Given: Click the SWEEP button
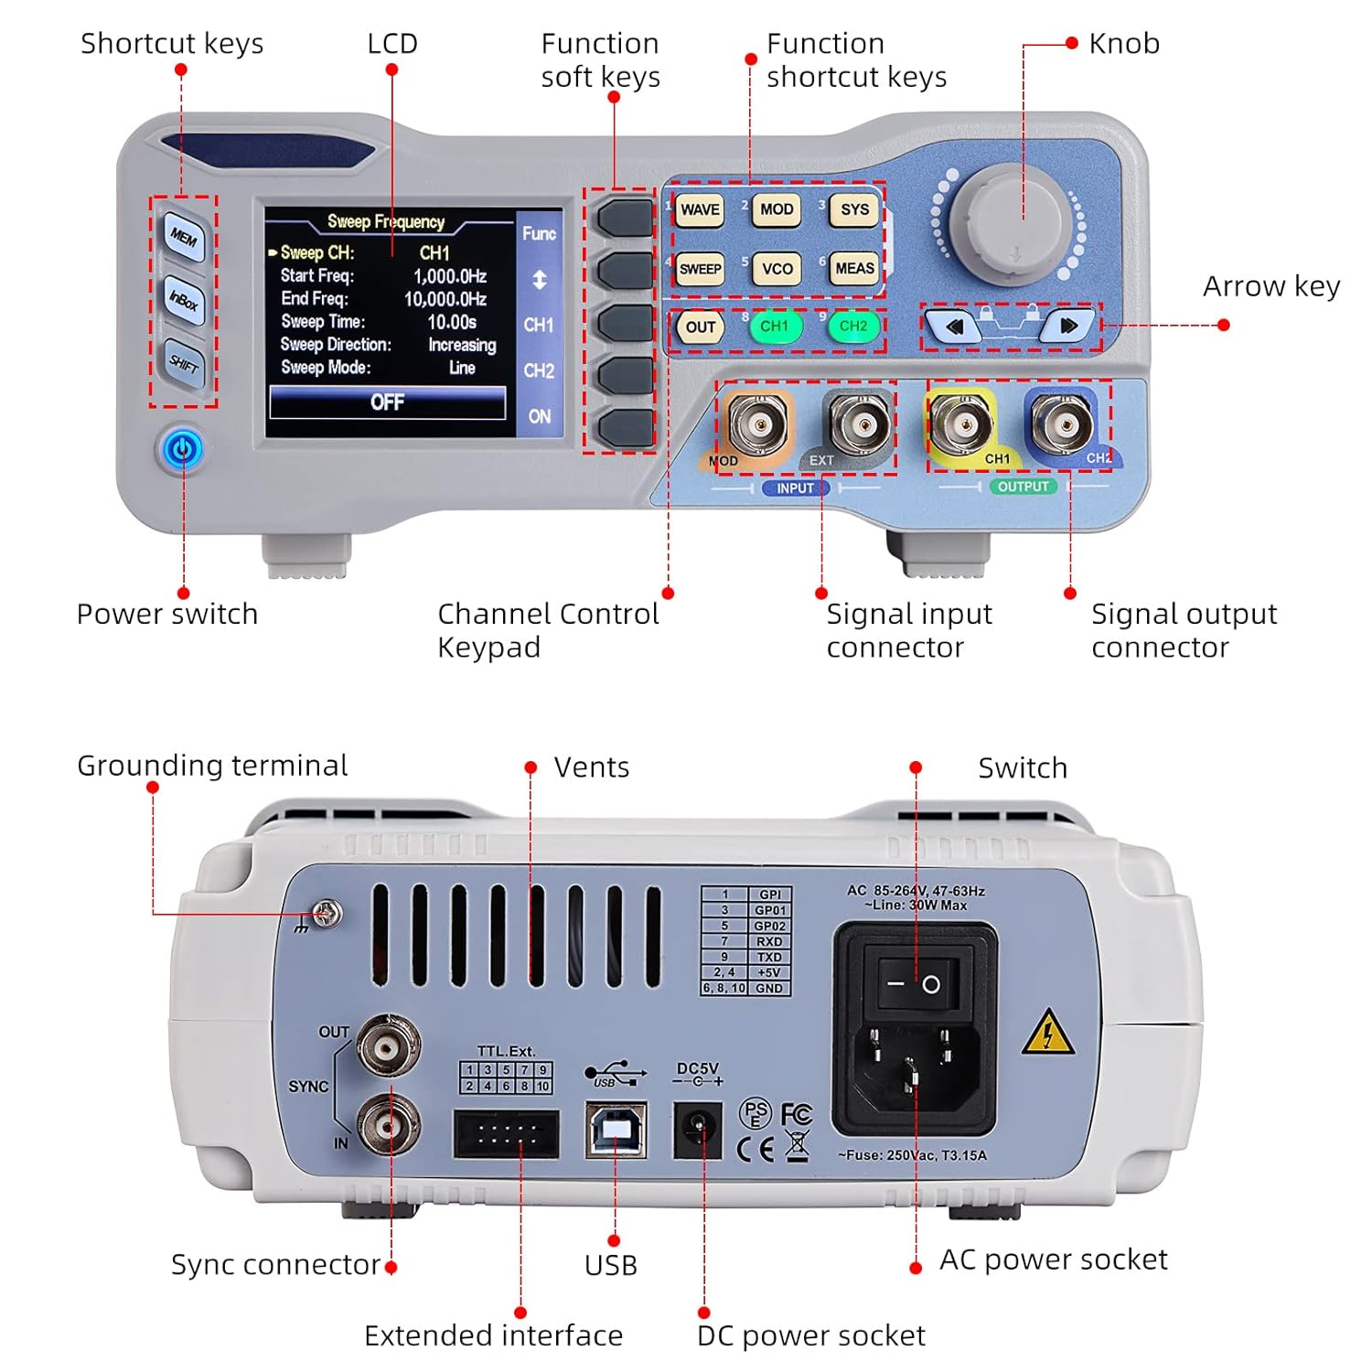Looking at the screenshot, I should click(700, 269).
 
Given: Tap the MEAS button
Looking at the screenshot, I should click(854, 268).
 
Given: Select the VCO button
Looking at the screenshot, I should click(777, 269).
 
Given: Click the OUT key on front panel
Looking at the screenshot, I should click(701, 327).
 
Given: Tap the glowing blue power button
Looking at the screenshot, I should click(184, 449).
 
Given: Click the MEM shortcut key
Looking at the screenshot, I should click(184, 238).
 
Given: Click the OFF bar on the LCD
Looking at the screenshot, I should click(387, 402).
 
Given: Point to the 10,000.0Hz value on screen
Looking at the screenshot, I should click(445, 299).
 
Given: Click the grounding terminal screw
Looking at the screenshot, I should click(327, 913).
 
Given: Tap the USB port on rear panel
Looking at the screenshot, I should click(616, 1131).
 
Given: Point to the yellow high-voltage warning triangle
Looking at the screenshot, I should click(1047, 1034).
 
